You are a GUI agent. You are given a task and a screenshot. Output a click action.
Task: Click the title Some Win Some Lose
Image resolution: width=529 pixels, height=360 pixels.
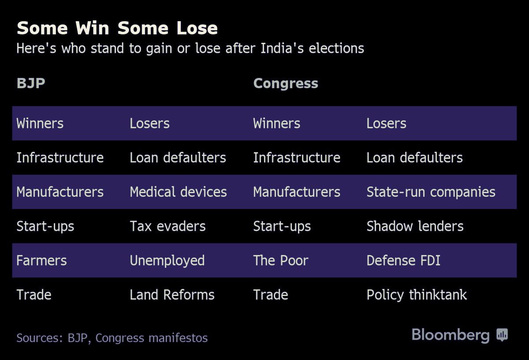[x=117, y=28]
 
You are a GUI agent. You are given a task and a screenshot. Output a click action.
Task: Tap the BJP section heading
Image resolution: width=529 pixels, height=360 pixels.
[x=31, y=83]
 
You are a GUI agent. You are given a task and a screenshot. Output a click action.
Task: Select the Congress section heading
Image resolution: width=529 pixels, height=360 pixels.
[x=286, y=84]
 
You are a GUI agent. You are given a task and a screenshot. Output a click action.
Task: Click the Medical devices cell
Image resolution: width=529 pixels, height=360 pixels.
[x=178, y=192]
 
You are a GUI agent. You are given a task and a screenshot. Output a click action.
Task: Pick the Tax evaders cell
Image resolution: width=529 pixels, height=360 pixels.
[x=168, y=226]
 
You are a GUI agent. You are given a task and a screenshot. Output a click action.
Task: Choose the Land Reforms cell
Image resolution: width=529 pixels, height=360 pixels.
[x=172, y=295]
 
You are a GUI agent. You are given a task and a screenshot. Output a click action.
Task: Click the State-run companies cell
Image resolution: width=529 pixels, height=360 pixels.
[x=431, y=192]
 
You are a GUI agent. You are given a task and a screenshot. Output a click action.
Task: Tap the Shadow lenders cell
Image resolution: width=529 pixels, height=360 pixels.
[x=415, y=226]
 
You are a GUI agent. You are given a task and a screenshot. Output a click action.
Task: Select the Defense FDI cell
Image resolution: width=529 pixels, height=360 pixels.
[x=403, y=260]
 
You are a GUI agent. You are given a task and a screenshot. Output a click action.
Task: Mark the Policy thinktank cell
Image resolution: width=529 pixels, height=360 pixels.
[x=417, y=295]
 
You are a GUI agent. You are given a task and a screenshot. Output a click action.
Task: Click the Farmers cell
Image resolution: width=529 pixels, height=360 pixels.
[x=41, y=260]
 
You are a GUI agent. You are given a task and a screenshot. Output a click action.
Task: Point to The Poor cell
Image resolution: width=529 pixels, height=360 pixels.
[x=280, y=260]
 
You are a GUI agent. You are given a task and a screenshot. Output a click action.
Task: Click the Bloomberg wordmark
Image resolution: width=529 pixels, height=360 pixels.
[x=451, y=335]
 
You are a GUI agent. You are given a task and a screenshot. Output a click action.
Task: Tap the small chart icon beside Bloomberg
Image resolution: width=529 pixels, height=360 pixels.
[x=502, y=334]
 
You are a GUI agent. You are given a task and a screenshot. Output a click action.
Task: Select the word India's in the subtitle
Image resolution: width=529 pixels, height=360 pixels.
[x=282, y=48]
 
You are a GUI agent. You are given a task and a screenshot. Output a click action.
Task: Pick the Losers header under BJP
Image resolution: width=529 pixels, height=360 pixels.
[x=149, y=124]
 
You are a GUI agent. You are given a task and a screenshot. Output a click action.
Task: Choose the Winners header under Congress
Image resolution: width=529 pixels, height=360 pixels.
[x=276, y=124]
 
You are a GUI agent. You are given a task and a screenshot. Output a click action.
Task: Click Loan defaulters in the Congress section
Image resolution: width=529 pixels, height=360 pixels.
[x=414, y=157]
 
